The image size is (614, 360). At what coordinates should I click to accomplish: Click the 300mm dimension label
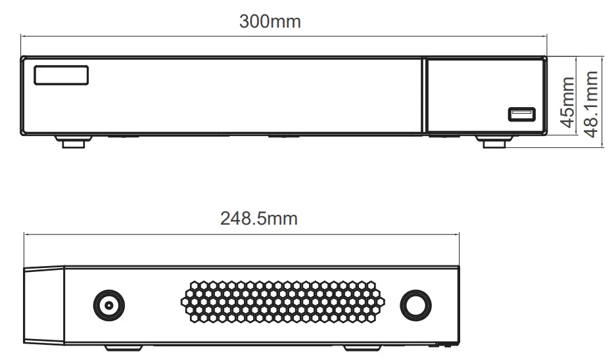(270, 21)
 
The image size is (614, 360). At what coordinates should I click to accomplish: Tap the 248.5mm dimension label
(258, 217)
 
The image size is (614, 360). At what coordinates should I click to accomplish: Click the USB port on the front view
(521, 114)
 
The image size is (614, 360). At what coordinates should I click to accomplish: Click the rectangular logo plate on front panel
(61, 74)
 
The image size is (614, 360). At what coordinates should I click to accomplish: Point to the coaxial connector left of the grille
(108, 304)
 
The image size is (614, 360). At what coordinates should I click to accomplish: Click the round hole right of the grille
(416, 305)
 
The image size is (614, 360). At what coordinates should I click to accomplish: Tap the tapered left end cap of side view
(44, 305)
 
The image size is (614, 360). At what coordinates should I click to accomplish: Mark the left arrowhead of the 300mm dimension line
(23, 37)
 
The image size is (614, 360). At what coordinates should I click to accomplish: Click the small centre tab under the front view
(282, 137)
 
